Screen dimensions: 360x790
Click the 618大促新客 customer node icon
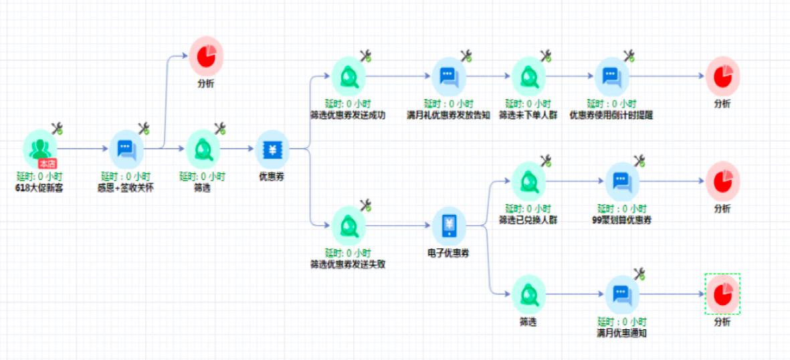pos(39,147)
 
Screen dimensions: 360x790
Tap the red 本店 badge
pos(47,163)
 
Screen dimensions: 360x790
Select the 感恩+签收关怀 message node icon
pos(126,149)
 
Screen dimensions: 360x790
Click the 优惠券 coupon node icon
pos(272,149)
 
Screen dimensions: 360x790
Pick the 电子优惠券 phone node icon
pos(448,226)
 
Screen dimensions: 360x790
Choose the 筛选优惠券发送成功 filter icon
pos(349,76)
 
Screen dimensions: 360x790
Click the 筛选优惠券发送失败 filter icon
pos(349,226)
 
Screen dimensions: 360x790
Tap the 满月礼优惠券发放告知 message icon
pos(448,76)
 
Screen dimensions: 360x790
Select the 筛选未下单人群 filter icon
pos(528,76)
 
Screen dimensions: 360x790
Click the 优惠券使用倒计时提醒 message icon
pos(611,76)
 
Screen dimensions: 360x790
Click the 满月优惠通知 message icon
pos(622,293)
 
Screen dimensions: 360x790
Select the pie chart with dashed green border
pos(722,293)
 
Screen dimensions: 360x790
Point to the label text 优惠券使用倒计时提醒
pos(611,114)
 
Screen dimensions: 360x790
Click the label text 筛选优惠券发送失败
pos(347,264)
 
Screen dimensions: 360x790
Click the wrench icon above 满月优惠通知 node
pos(639,273)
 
